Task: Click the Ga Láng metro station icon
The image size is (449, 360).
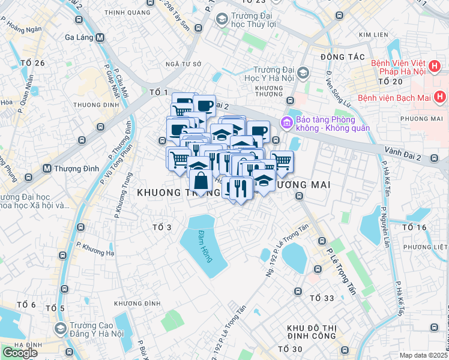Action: click(x=100, y=37)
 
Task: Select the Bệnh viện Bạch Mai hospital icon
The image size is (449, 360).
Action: click(x=440, y=97)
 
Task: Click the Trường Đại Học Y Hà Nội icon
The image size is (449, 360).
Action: click(x=303, y=73)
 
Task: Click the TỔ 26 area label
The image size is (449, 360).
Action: click(x=32, y=63)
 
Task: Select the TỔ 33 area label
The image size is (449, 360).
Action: click(x=322, y=298)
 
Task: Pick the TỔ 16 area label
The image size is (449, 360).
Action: click(x=414, y=227)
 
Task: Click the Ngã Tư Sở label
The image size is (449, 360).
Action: click(x=184, y=64)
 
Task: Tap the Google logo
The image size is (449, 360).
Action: click(x=20, y=352)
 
